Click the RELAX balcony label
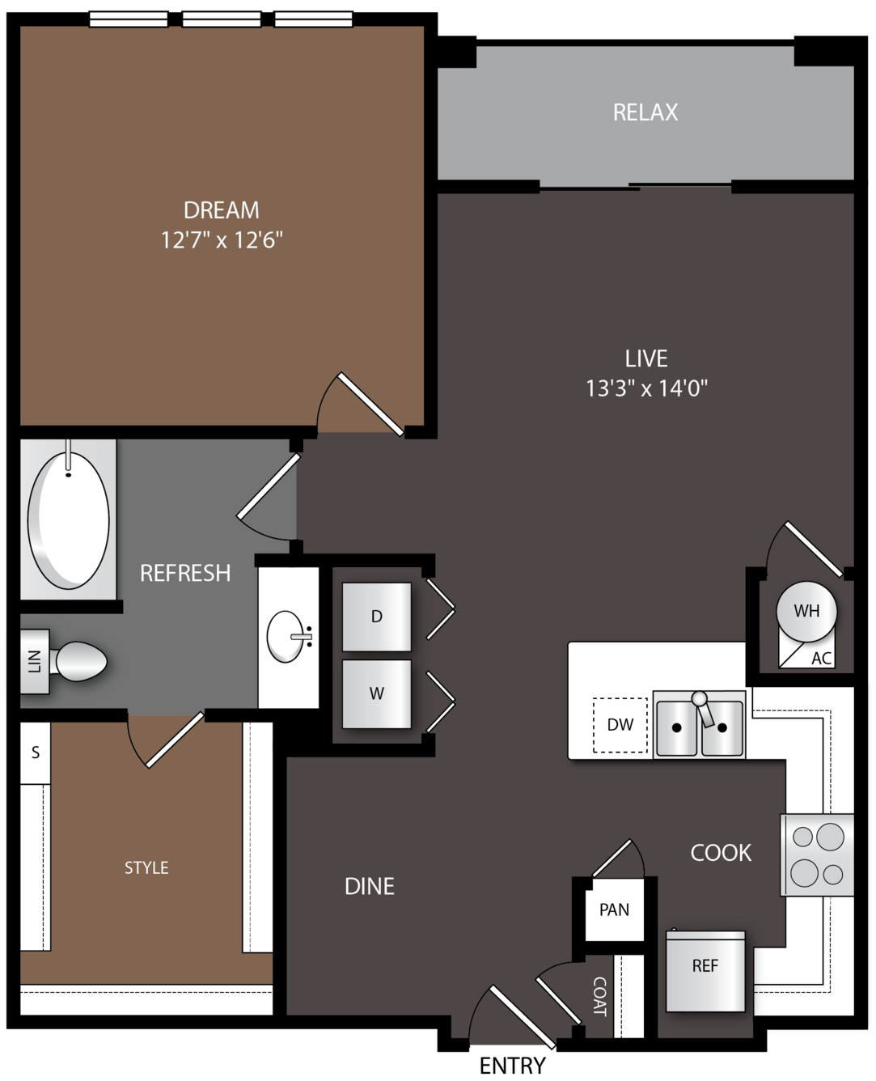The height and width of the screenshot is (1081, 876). (x=645, y=112)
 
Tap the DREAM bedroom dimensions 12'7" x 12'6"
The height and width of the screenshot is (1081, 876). (x=222, y=240)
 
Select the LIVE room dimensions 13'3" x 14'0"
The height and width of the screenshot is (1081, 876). (x=646, y=388)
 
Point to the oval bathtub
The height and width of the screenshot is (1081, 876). (x=69, y=520)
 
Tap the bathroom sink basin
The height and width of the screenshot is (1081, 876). (x=285, y=637)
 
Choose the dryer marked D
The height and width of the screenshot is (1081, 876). (x=376, y=617)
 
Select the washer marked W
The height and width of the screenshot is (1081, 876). (x=376, y=693)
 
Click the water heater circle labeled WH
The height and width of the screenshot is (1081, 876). (x=806, y=611)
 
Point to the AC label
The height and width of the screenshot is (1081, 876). (x=821, y=659)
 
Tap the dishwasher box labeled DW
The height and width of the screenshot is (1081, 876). (x=620, y=725)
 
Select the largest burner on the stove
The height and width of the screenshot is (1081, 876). (x=831, y=837)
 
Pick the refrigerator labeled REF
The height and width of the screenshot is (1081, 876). (x=705, y=971)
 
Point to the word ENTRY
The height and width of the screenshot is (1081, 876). (x=513, y=1066)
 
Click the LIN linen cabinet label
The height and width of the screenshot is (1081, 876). (x=35, y=662)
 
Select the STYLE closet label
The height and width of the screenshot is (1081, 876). (x=146, y=868)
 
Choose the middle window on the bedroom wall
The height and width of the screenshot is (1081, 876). (x=222, y=19)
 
